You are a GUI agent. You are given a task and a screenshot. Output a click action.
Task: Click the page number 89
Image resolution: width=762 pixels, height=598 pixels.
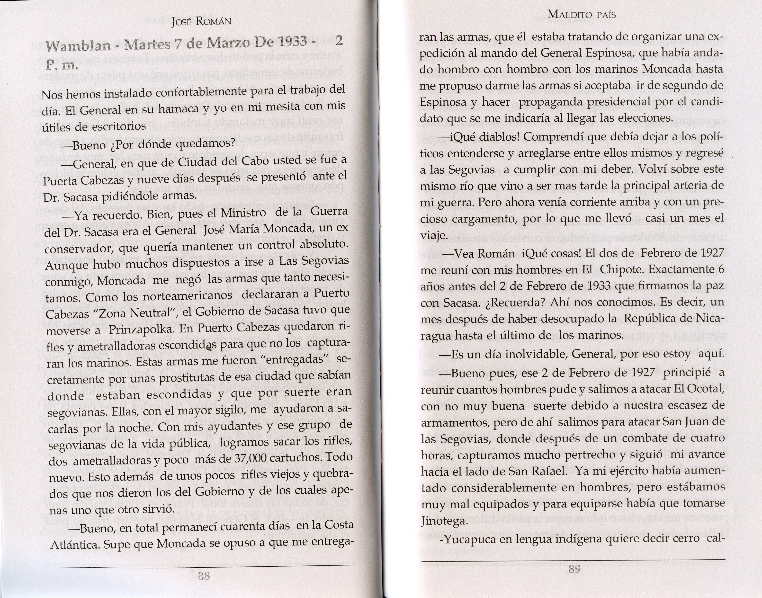click(574, 569)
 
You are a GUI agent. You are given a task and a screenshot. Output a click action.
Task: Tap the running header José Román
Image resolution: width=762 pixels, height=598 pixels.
click(201, 22)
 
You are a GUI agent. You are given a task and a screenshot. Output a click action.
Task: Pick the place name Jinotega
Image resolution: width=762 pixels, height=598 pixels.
click(444, 521)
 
